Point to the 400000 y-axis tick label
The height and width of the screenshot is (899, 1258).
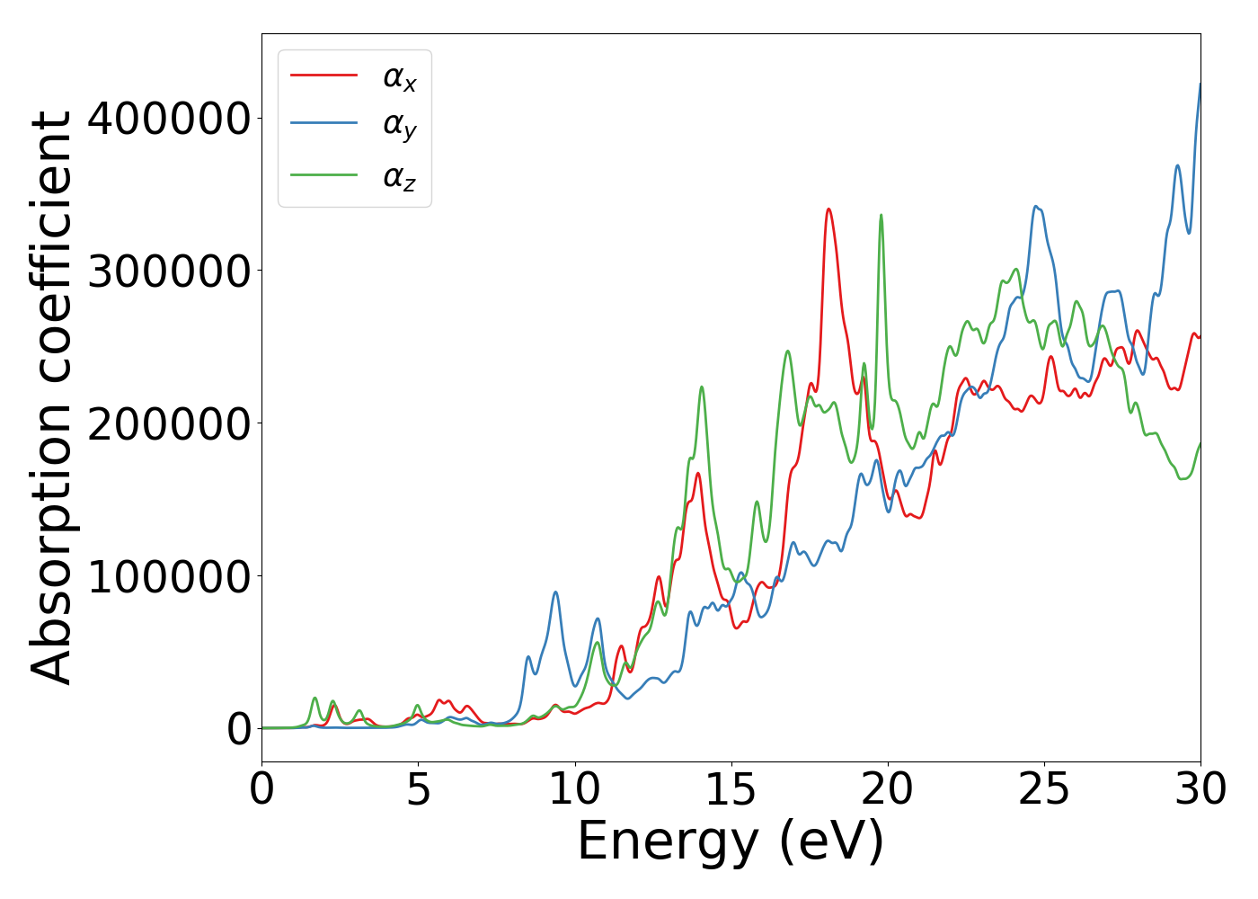point(168,119)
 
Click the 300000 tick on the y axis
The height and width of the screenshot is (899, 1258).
point(168,271)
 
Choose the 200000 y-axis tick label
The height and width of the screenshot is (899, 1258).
point(168,423)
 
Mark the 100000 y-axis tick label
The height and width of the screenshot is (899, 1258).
point(168,575)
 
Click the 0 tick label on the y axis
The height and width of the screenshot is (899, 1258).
point(239,728)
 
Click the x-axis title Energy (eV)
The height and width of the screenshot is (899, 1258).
point(731,842)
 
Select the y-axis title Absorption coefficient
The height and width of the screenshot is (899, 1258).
point(52,397)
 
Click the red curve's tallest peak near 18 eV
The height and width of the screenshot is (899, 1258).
point(828,209)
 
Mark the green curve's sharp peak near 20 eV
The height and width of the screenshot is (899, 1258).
point(881,215)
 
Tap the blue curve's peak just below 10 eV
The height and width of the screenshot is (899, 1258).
point(555,592)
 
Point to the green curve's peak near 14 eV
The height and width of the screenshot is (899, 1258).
point(702,387)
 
